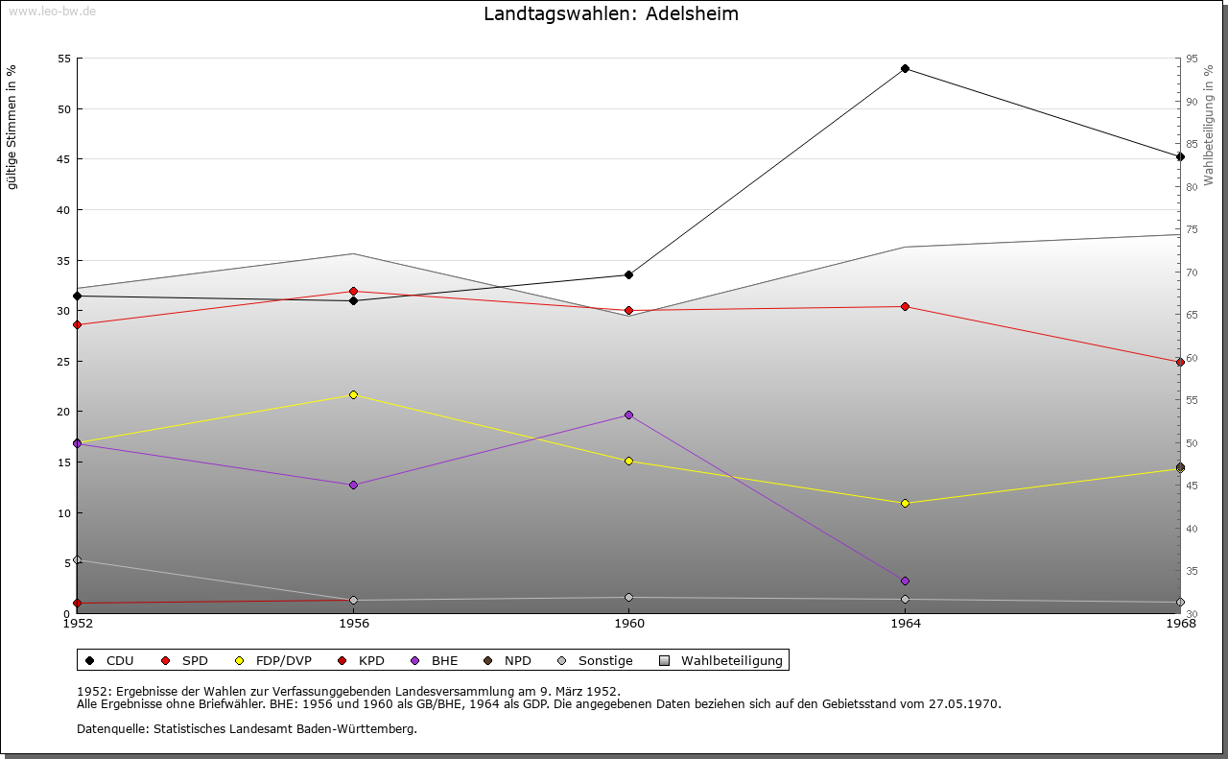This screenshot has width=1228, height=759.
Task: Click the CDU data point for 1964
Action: coord(905,68)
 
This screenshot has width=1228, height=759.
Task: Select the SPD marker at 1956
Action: coord(353,291)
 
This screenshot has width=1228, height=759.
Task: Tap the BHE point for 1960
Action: coord(628,415)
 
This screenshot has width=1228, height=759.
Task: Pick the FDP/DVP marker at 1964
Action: coord(905,503)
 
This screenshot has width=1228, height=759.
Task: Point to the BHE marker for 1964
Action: coord(905,581)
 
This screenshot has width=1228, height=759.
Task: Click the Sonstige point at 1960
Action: coord(628,597)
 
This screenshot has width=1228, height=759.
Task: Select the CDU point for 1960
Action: coord(628,274)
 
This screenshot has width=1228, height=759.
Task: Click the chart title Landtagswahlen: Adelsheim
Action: coord(611,14)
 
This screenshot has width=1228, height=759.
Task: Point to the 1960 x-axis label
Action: coord(628,624)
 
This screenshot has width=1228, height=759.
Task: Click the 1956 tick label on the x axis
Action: coord(353,624)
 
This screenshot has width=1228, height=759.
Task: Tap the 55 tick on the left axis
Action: coord(64,59)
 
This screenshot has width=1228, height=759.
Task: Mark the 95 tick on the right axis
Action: coord(1192,59)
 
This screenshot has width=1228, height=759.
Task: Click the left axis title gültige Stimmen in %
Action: coord(12,128)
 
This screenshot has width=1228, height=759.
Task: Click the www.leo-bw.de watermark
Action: coord(52,11)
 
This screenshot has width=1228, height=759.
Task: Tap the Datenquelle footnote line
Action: coord(247,728)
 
